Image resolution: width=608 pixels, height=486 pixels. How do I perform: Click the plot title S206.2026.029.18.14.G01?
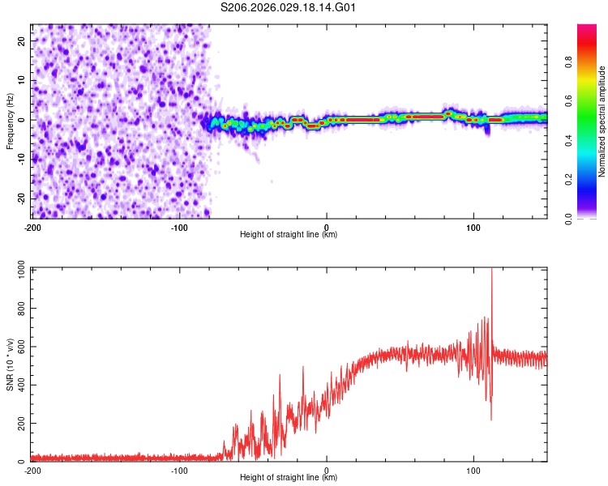coord(289,8)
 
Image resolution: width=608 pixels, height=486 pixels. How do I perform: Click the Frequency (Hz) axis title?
coord(10,121)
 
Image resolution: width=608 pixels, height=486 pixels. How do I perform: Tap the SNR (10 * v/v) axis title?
coord(10,364)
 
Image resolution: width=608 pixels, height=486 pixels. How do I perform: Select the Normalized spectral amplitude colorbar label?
coord(602,122)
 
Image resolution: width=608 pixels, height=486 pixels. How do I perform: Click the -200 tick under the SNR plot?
coord(32,471)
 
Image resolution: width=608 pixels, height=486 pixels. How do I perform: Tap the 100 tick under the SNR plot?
coord(473,471)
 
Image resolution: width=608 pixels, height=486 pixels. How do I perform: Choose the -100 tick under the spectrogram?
coord(179,228)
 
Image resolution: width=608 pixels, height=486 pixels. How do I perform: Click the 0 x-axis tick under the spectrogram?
coord(327,228)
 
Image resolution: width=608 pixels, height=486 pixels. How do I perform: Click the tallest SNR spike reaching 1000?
coord(491,272)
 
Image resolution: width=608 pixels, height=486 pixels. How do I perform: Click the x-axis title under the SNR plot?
coord(289,480)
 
